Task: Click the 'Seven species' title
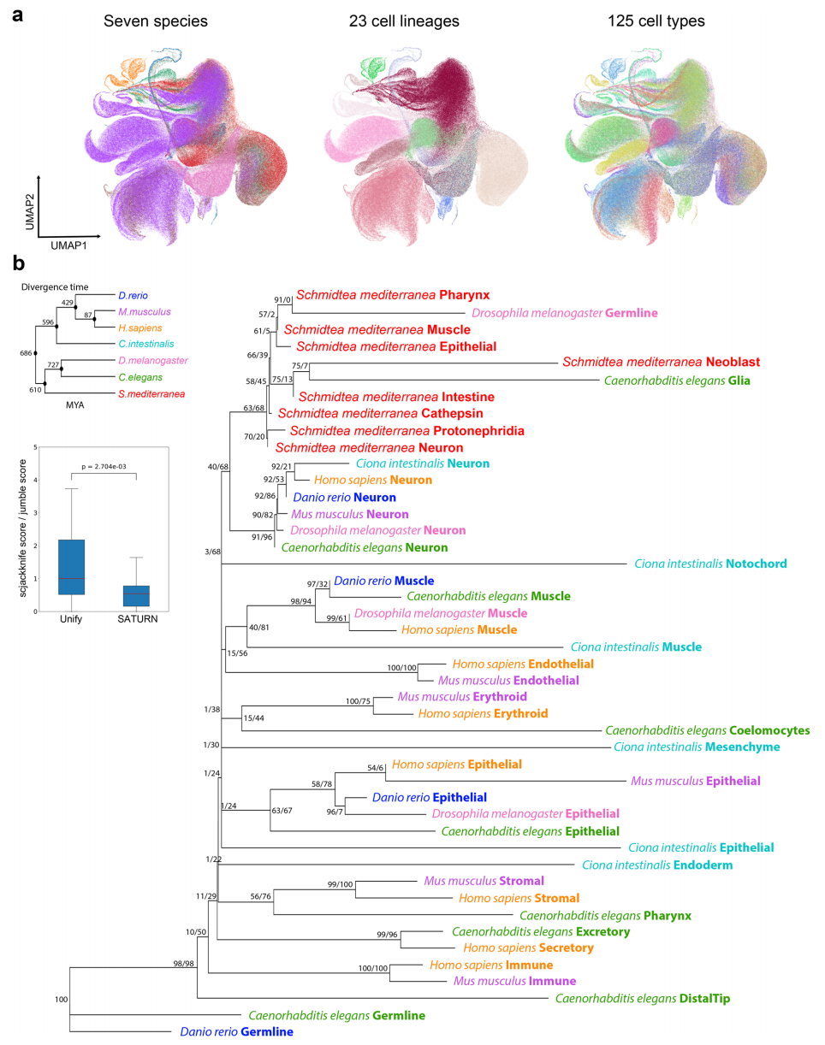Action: tap(156, 21)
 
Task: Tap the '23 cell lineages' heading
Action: tap(404, 21)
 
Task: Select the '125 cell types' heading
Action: tap(656, 21)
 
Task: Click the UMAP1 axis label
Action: tap(68, 245)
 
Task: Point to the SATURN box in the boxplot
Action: tap(136, 596)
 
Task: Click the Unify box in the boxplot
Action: tap(72, 567)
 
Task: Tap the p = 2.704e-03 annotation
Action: tap(104, 467)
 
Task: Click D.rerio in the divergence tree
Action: tap(133, 296)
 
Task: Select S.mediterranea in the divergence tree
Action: tap(151, 394)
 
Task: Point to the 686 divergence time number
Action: tap(26, 353)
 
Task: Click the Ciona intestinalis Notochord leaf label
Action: tap(710, 564)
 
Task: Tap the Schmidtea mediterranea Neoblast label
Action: tap(662, 363)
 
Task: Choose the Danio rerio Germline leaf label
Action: tap(237, 1031)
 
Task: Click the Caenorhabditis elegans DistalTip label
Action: tap(643, 998)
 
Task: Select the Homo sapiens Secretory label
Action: tap(528, 948)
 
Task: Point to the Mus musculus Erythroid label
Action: tap(462, 697)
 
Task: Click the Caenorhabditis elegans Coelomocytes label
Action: tap(708, 730)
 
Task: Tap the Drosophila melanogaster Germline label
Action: tap(565, 313)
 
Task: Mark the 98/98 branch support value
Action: tap(184, 964)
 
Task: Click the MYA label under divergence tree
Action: tap(74, 405)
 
